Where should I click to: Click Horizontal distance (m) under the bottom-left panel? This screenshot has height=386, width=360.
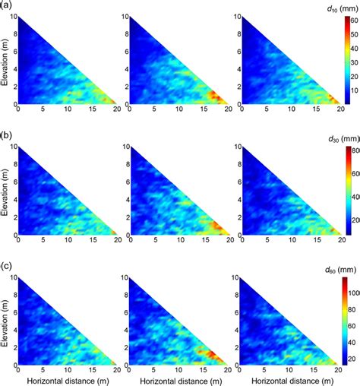pos(68,378)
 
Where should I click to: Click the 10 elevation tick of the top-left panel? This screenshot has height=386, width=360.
pos(13,17)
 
